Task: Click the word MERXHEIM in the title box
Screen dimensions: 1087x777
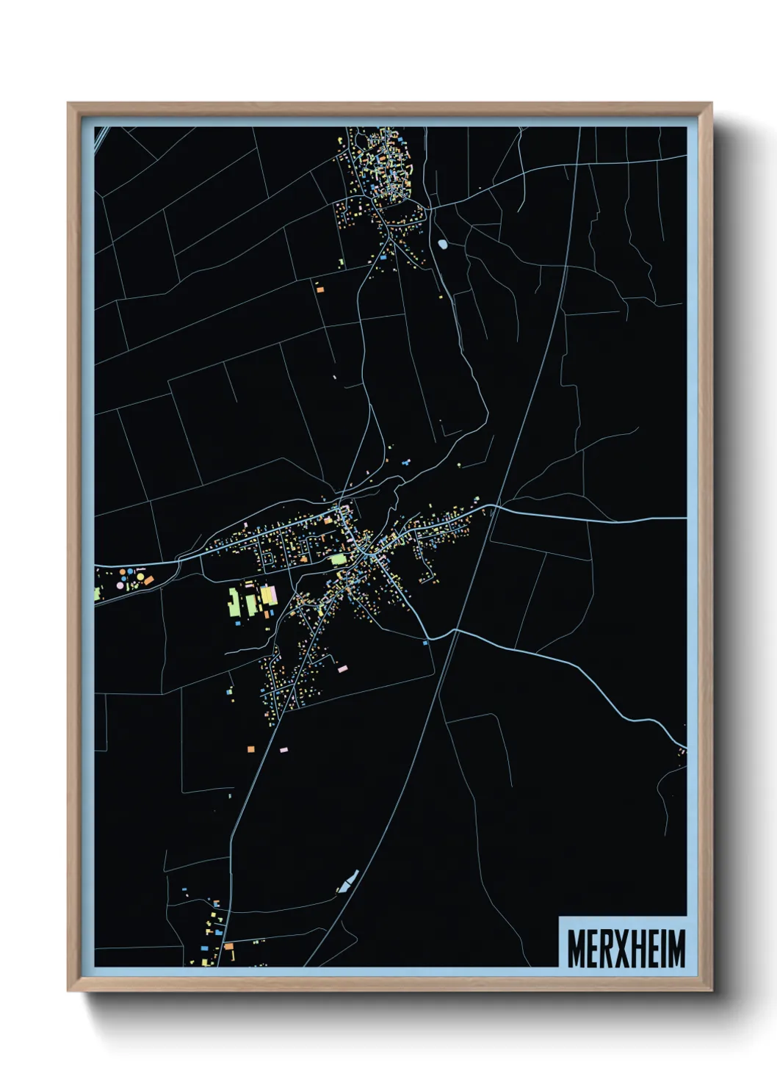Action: [x=626, y=948]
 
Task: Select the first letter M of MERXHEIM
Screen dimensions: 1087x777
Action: [x=577, y=948]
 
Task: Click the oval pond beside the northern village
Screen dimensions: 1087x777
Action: [x=442, y=244]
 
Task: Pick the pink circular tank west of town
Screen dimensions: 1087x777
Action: [x=120, y=585]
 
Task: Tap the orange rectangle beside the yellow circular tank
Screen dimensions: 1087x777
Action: [x=148, y=580]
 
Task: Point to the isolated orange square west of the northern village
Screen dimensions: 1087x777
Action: [x=319, y=289]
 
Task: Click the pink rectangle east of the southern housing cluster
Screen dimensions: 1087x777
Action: [x=341, y=668]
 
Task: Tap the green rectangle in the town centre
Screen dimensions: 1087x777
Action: [x=338, y=559]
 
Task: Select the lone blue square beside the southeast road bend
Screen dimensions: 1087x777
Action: [x=425, y=643]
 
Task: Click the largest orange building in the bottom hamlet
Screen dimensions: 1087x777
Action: [x=228, y=946]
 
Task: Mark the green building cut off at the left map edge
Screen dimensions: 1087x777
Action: [x=97, y=592]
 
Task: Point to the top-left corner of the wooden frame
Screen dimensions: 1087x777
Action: [x=68, y=104]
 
